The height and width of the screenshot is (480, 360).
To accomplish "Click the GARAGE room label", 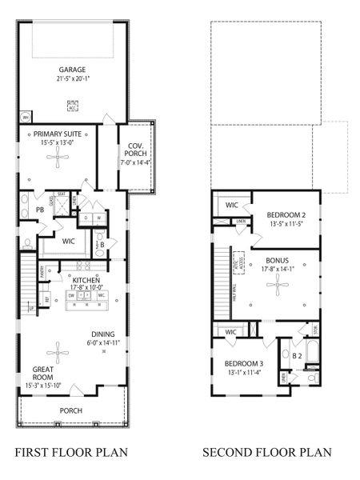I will click(x=72, y=69).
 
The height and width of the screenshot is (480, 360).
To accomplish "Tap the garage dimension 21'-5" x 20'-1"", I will click(x=72, y=78).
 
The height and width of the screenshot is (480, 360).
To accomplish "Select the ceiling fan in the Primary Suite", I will click(x=57, y=157).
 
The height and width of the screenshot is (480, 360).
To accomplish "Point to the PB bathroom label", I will click(x=39, y=210).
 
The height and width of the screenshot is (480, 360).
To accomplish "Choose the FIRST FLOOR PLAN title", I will click(x=71, y=453).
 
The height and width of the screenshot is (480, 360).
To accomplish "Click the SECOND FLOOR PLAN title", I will click(x=266, y=453).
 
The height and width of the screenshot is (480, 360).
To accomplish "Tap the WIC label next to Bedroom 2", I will click(x=232, y=206).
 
